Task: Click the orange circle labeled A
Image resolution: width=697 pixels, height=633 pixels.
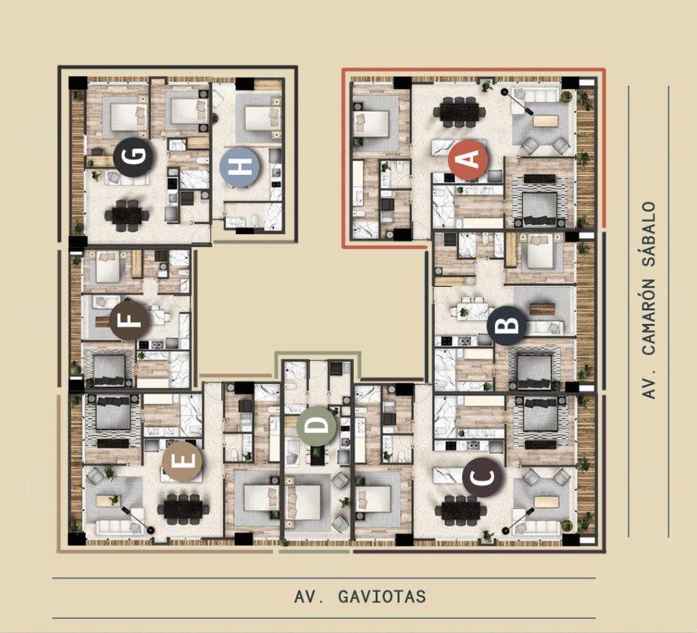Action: click(x=468, y=159)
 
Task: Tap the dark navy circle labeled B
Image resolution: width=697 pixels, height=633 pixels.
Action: click(x=506, y=326)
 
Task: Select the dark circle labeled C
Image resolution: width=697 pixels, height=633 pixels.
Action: click(x=483, y=477)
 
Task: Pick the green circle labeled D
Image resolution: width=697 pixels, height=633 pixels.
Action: click(x=317, y=425)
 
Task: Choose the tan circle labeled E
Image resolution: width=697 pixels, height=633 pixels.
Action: click(x=182, y=461)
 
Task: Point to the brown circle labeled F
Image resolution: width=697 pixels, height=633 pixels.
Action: click(x=129, y=320)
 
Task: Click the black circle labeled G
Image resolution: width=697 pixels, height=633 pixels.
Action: click(x=133, y=157)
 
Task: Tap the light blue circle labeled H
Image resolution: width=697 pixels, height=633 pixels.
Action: click(x=240, y=167)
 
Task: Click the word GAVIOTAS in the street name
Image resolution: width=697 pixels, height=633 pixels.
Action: click(x=383, y=596)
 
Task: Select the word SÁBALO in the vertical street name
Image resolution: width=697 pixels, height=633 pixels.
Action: click(x=649, y=234)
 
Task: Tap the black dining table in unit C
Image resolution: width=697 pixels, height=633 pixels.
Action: click(x=461, y=509)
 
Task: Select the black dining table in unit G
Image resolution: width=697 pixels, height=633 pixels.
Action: click(x=127, y=215)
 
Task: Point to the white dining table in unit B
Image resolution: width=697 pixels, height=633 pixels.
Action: click(x=474, y=308)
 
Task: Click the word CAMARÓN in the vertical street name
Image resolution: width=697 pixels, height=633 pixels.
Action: click(x=649, y=316)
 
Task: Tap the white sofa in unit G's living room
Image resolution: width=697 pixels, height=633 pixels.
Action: click(x=126, y=178)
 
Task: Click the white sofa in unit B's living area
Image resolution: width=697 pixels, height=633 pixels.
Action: click(x=544, y=328)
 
